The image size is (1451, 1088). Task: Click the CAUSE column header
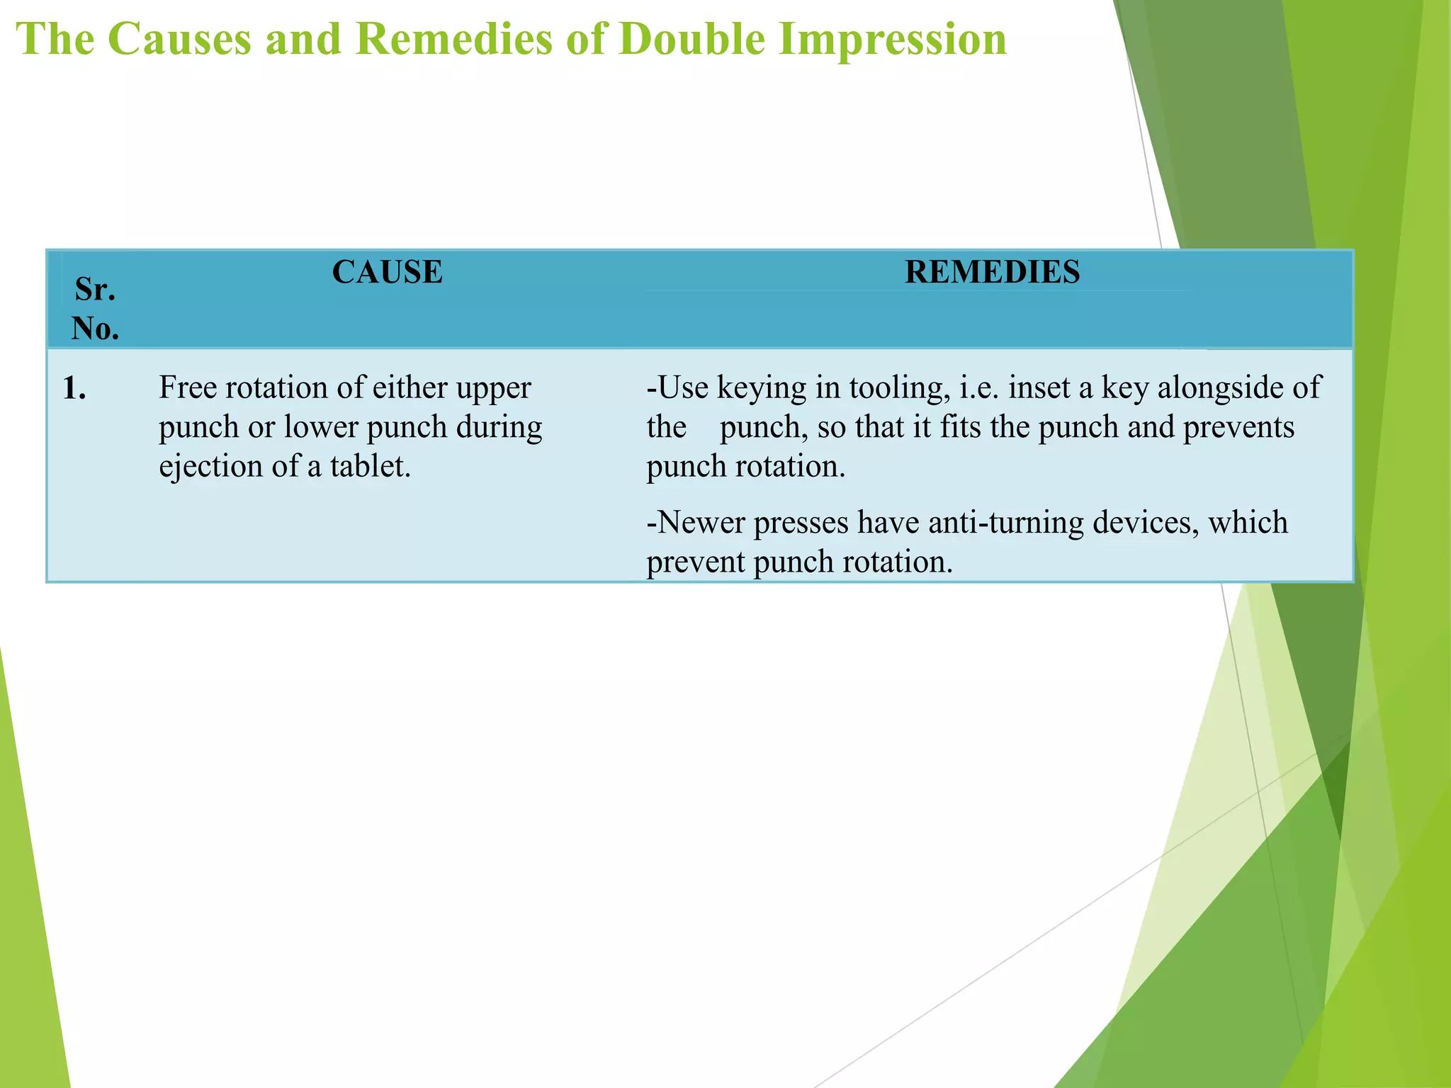(x=388, y=272)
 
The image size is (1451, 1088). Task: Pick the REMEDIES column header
(x=992, y=272)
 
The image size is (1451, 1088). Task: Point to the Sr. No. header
(x=95, y=309)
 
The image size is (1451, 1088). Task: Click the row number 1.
(x=74, y=389)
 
